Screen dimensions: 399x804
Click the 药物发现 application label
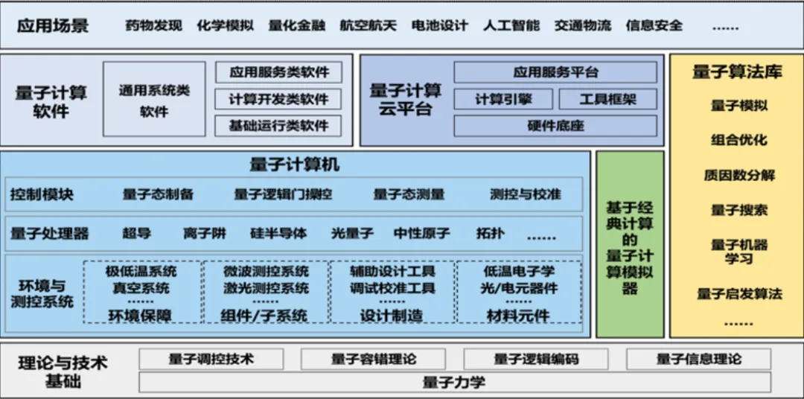(x=154, y=25)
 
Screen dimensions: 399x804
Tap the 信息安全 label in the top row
(x=654, y=25)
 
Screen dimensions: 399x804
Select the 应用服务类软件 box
(x=279, y=72)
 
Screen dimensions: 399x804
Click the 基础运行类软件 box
(x=279, y=126)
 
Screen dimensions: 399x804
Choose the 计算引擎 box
(x=503, y=99)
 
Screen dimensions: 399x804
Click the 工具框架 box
(x=608, y=99)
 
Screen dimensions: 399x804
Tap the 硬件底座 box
(x=555, y=126)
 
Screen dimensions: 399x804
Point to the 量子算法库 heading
(x=737, y=72)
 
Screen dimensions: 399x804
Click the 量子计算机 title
(x=294, y=164)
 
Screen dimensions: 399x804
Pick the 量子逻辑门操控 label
(x=283, y=195)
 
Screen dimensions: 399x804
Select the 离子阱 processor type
(x=205, y=234)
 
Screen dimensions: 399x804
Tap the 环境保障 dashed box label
(x=140, y=316)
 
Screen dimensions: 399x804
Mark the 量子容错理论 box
(x=374, y=360)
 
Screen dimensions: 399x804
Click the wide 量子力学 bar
(x=454, y=383)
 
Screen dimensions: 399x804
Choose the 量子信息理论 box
(x=699, y=360)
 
